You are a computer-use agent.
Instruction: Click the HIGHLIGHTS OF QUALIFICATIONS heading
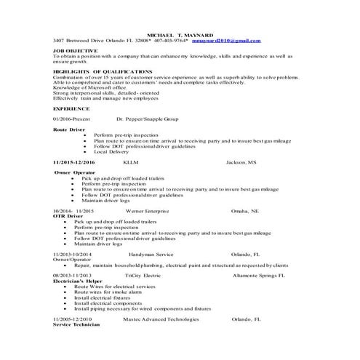point(103,71)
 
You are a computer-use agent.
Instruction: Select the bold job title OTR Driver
point(68,216)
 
